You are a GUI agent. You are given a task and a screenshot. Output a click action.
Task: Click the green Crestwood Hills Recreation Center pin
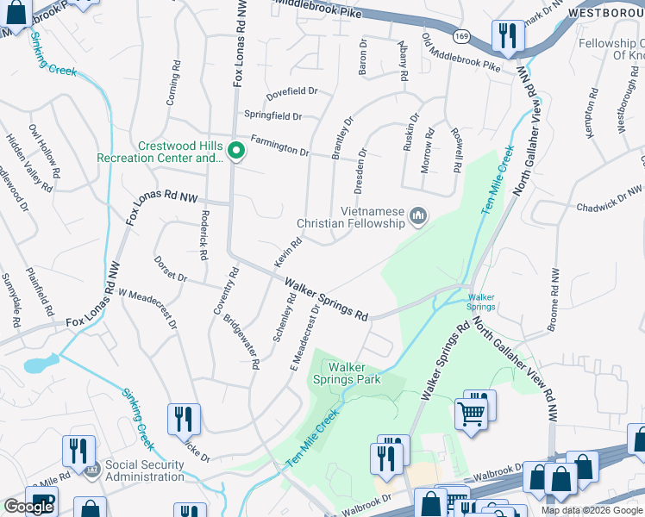tap(235, 153)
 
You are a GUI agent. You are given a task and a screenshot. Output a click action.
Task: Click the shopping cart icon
tap(471, 413)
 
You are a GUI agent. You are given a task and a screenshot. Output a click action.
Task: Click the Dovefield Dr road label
tap(291, 90)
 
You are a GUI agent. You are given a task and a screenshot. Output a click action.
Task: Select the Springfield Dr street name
tap(272, 115)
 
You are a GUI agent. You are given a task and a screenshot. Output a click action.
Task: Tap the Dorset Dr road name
tap(171, 267)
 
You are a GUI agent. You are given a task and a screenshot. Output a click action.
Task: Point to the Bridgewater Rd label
tap(242, 341)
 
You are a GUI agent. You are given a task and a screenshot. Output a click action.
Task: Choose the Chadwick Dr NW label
tap(608, 199)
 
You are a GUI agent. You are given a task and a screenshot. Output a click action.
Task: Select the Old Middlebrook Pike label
tap(460, 53)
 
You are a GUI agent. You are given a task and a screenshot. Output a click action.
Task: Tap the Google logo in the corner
tap(28, 507)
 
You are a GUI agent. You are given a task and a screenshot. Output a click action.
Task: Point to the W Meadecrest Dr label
tap(148, 311)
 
